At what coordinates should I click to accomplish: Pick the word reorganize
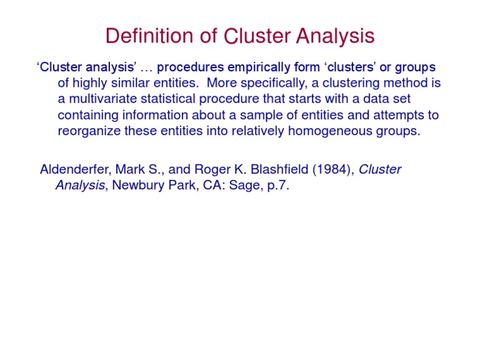coord(87,132)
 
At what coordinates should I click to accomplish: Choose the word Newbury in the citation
coord(135,186)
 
